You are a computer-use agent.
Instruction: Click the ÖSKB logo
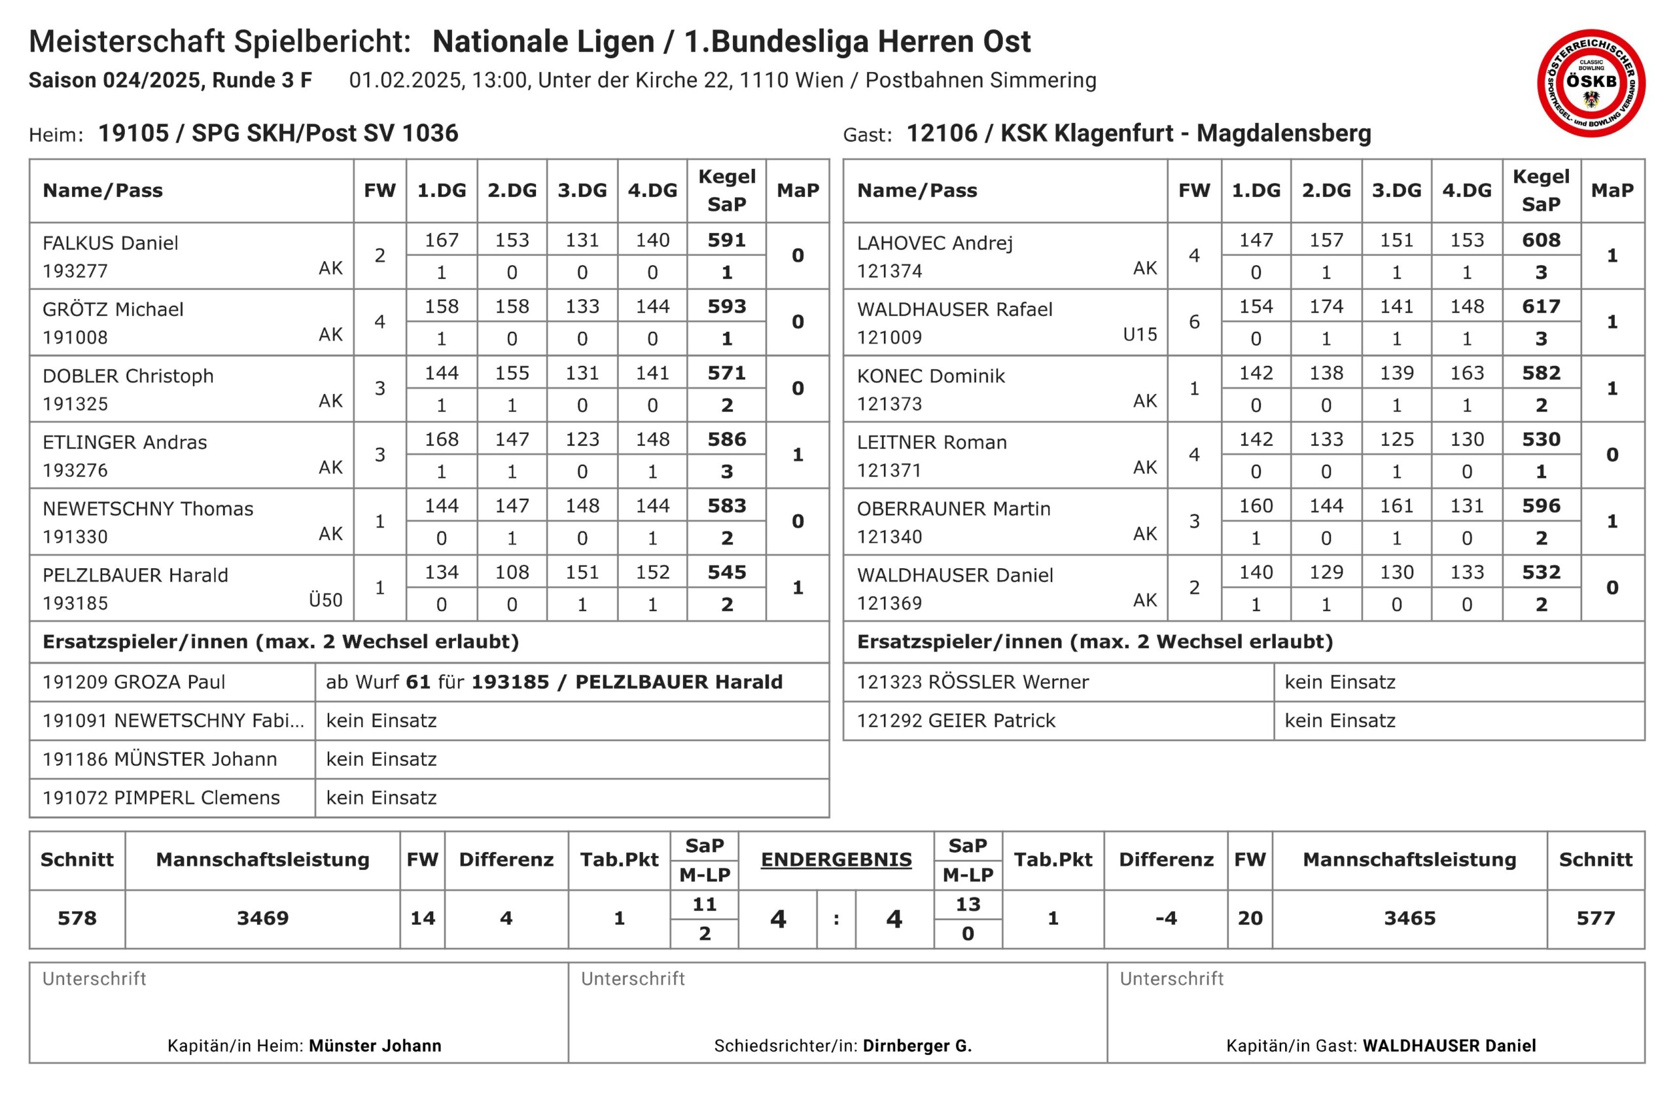point(1591,83)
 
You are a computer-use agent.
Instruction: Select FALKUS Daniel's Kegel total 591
point(726,240)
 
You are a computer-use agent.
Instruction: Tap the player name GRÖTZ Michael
point(113,309)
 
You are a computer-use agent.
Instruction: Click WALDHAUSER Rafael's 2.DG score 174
point(1326,306)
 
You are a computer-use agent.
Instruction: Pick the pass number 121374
point(889,271)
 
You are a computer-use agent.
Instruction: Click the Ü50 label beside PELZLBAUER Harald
point(325,600)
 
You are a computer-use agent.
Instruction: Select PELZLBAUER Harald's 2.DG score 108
point(512,572)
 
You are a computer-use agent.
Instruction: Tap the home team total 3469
point(262,918)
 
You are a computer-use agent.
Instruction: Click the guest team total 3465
point(1409,918)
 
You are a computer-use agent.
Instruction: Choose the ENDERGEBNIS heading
point(836,859)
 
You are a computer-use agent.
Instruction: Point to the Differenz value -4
point(1165,918)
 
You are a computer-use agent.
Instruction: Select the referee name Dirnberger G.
point(917,1046)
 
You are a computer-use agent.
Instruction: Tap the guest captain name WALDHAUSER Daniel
point(1449,1046)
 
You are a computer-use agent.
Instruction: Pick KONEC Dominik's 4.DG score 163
point(1467,373)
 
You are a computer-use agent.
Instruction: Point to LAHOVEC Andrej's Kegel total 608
point(1541,240)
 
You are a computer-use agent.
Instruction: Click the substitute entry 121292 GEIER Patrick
point(956,721)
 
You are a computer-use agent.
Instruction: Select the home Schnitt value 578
point(77,918)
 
